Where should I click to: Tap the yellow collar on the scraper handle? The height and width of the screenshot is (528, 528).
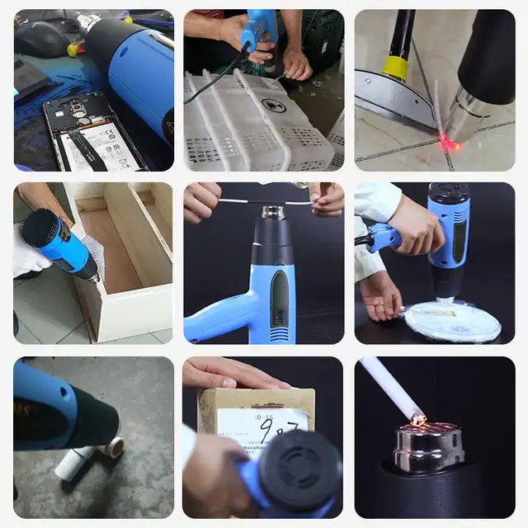pos(397,68)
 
